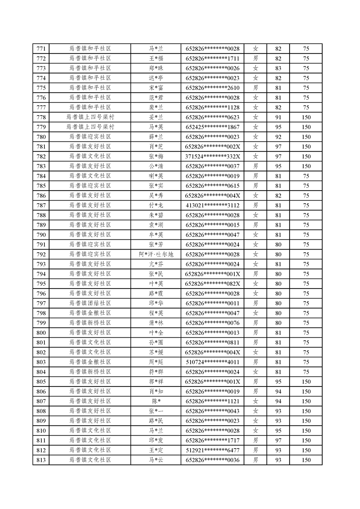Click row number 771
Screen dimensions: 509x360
coord(41,49)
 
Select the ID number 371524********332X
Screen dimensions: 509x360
coord(212,157)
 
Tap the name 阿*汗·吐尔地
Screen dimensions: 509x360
coord(156,254)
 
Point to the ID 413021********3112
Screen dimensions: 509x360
coord(212,206)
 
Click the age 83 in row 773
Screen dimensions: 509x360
coord(278,68)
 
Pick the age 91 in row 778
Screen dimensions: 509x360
coord(278,117)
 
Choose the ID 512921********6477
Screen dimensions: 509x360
coord(212,450)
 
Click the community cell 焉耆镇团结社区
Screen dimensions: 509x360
coord(90,303)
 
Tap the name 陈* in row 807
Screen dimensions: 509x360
coord(156,401)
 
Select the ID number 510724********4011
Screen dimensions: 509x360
coord(212,362)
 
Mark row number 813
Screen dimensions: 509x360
coord(41,460)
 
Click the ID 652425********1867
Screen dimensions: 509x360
coord(212,127)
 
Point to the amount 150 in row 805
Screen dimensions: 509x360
coord(306,382)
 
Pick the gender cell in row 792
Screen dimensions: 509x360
coord(256,254)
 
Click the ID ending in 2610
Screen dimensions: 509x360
coord(212,88)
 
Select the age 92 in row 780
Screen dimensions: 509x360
coord(278,137)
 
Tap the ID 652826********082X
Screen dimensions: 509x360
coord(212,284)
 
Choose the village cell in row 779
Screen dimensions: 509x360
coord(90,127)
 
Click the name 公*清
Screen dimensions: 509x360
coord(156,166)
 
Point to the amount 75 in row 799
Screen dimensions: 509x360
coord(306,323)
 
